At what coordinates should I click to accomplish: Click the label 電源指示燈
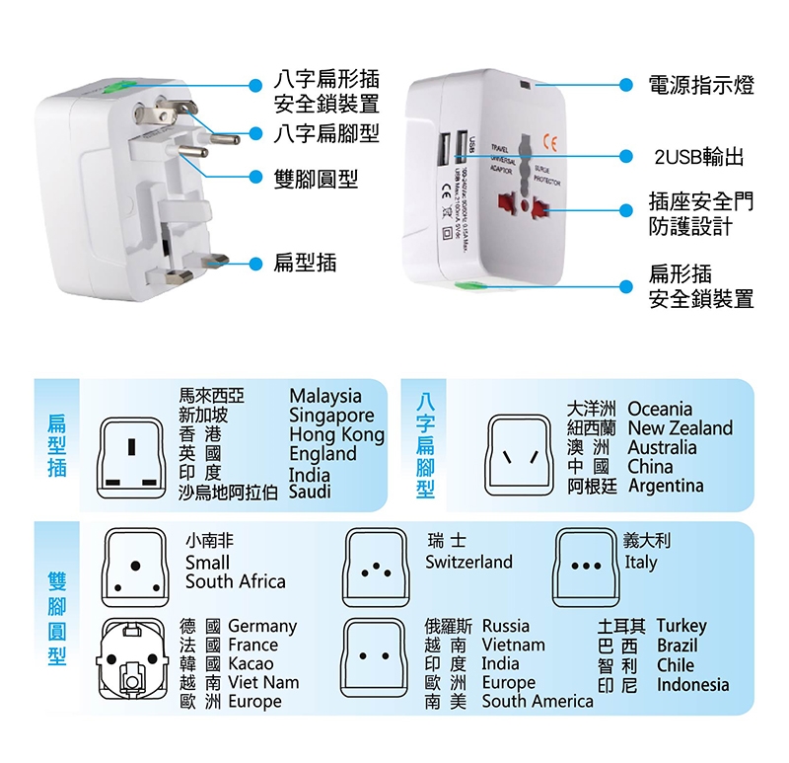(x=700, y=85)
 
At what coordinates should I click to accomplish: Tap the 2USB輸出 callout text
(x=698, y=156)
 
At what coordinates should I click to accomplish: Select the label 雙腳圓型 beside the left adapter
(x=316, y=179)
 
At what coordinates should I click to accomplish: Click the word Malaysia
(x=325, y=396)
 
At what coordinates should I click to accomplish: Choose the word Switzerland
(x=469, y=562)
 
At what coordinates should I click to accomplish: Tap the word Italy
(x=640, y=563)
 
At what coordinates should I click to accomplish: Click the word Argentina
(x=666, y=486)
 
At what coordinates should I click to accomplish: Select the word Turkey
(x=681, y=626)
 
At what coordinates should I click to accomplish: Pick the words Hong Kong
(x=336, y=434)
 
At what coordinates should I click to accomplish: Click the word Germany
(x=262, y=626)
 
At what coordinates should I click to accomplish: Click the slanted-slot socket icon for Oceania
(x=519, y=455)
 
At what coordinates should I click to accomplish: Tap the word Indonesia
(x=693, y=684)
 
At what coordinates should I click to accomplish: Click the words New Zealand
(x=681, y=427)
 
